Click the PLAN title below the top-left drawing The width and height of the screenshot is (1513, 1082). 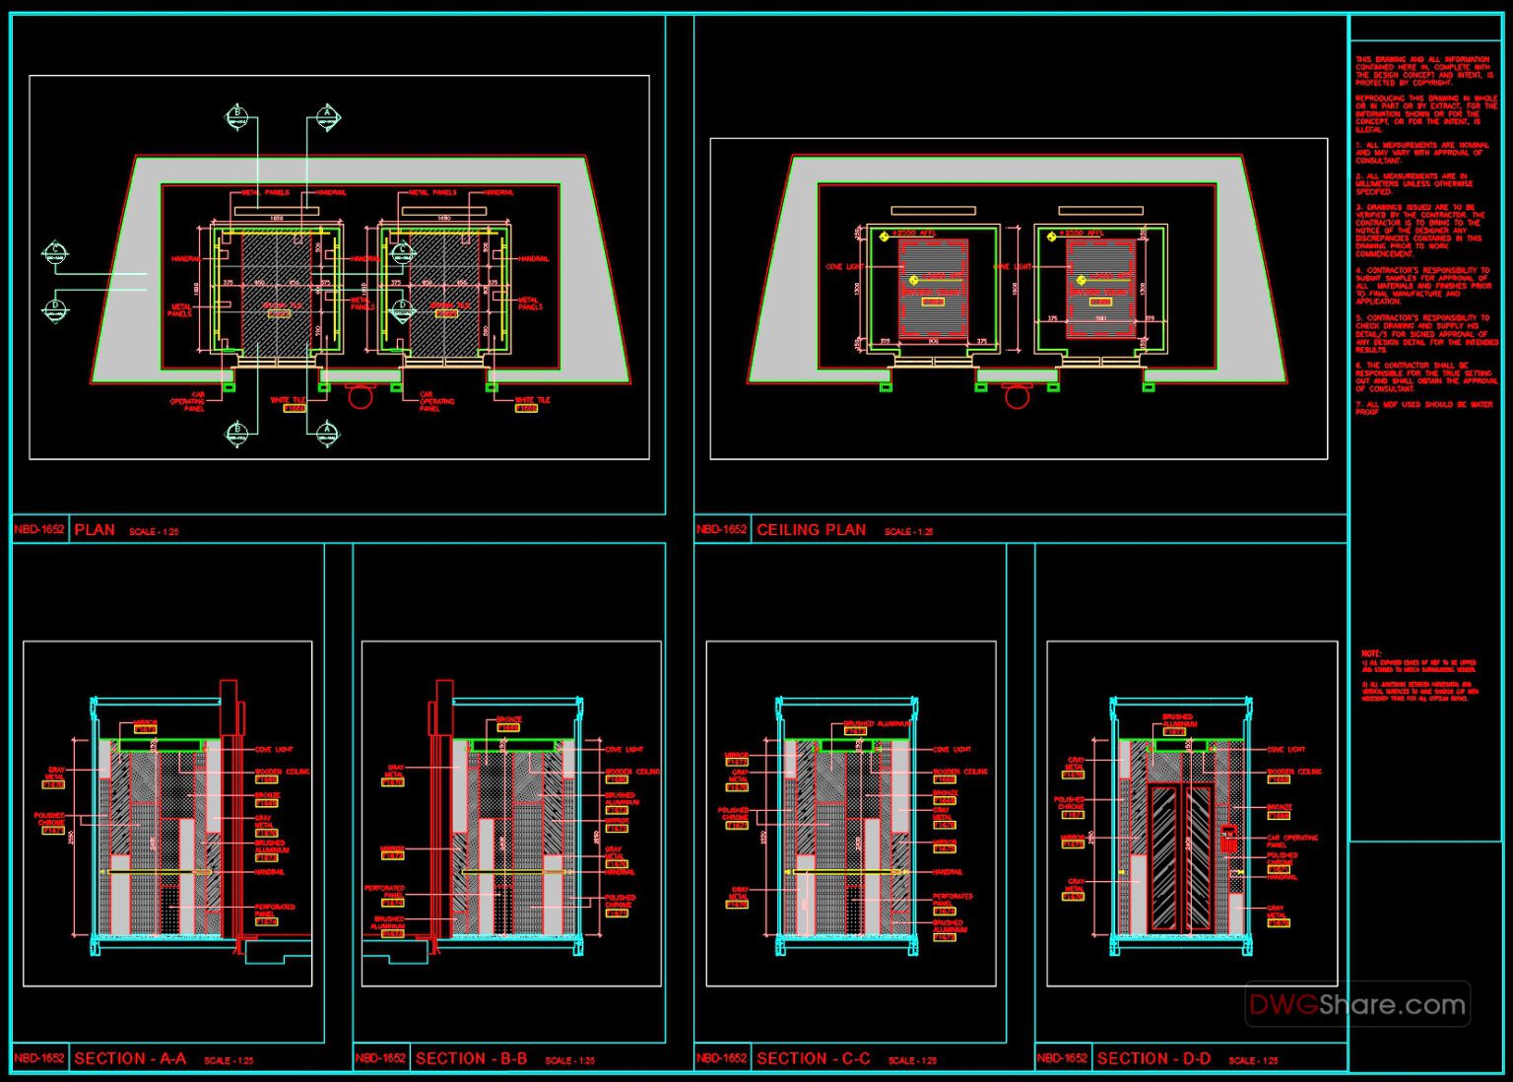pos(95,530)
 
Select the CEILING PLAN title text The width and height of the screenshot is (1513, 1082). pos(811,530)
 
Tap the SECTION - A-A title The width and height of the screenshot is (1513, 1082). pos(130,1058)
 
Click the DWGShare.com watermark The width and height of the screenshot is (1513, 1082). pos(1357,1005)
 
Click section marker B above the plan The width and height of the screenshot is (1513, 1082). pos(236,117)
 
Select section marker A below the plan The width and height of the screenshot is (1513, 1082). pos(328,432)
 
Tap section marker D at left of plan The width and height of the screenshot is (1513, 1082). pos(55,308)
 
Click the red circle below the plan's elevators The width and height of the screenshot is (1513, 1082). pos(361,396)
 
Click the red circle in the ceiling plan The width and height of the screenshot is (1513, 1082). pos(1017,396)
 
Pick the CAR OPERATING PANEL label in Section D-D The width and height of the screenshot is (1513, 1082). pos(1291,841)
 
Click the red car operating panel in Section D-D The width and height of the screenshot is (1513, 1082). pos(1228,839)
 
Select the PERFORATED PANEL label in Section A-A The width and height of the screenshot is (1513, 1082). pos(275,910)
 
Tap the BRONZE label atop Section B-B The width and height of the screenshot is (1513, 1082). pos(508,720)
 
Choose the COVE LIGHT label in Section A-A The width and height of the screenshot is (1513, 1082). pos(274,750)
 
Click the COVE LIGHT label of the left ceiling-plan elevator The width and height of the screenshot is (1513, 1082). pos(844,267)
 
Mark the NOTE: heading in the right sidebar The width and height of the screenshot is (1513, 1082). pos(1371,653)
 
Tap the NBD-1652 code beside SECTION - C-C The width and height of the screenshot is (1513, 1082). pos(721,1058)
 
